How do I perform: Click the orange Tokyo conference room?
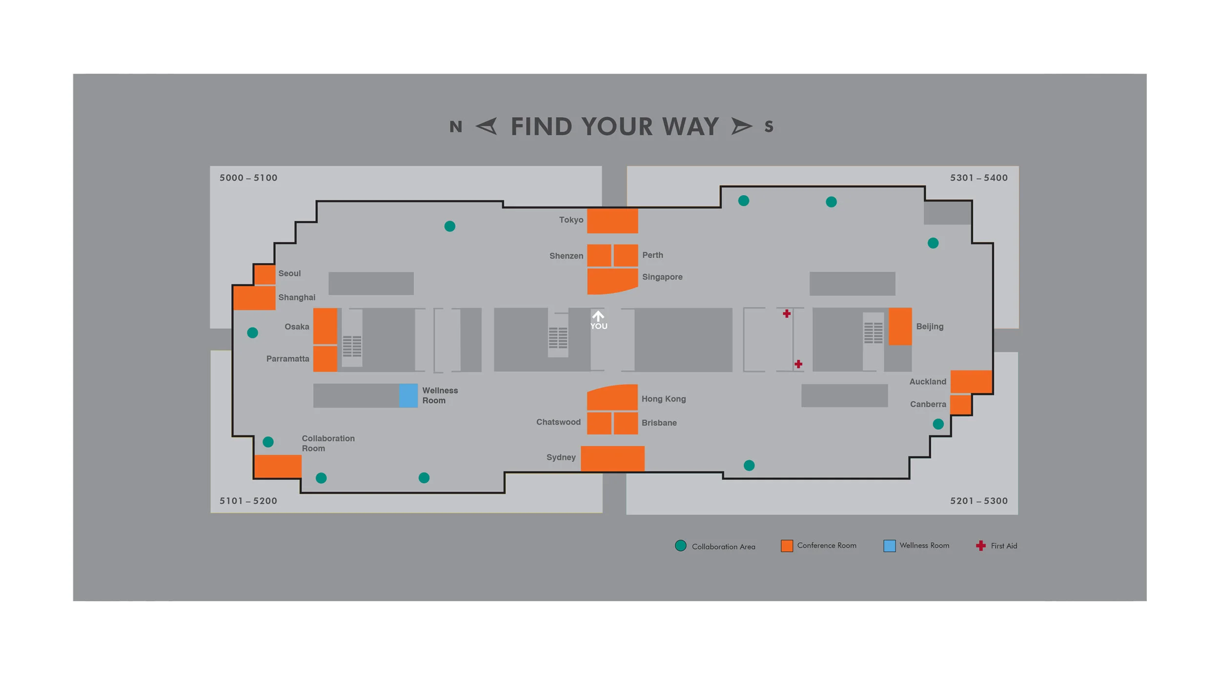pyautogui.click(x=612, y=221)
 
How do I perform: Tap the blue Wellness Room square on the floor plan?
pyautogui.click(x=408, y=395)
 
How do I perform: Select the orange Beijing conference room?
pyautogui.click(x=900, y=326)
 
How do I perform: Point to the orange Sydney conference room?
pyautogui.click(x=612, y=458)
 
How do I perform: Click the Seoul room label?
pyautogui.click(x=289, y=273)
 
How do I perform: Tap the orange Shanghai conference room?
pyautogui.click(x=254, y=298)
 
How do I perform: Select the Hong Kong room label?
pyautogui.click(x=663, y=399)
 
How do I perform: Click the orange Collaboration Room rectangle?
pyautogui.click(x=278, y=466)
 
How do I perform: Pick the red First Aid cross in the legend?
pyautogui.click(x=980, y=546)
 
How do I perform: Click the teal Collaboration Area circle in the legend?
pyautogui.click(x=680, y=546)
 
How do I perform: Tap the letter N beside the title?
pyautogui.click(x=455, y=127)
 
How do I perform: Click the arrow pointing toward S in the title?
pyautogui.click(x=741, y=126)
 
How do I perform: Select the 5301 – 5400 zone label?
pyautogui.click(x=978, y=178)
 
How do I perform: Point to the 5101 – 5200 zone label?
pyautogui.click(x=248, y=501)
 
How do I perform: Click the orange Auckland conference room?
pyautogui.click(x=971, y=381)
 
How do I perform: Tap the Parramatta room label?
pyautogui.click(x=287, y=359)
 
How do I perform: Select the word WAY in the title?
pyautogui.click(x=690, y=126)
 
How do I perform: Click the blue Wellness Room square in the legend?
pyautogui.click(x=889, y=546)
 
